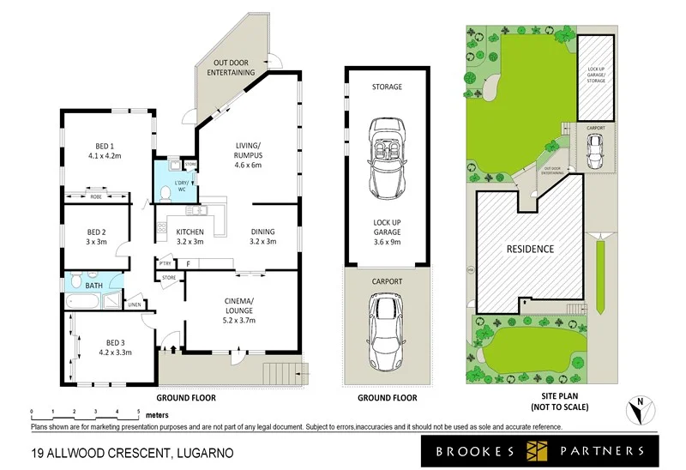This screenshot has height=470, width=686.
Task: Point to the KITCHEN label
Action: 190,232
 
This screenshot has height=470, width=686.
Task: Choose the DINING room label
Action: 263,232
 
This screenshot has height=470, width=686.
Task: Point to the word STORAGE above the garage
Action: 387,87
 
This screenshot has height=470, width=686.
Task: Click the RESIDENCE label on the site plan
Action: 529,249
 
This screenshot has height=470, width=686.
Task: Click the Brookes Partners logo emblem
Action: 538,450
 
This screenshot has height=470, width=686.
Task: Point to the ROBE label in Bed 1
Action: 96,196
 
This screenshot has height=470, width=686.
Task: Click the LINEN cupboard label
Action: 135,304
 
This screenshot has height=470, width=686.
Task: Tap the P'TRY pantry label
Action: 164,263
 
